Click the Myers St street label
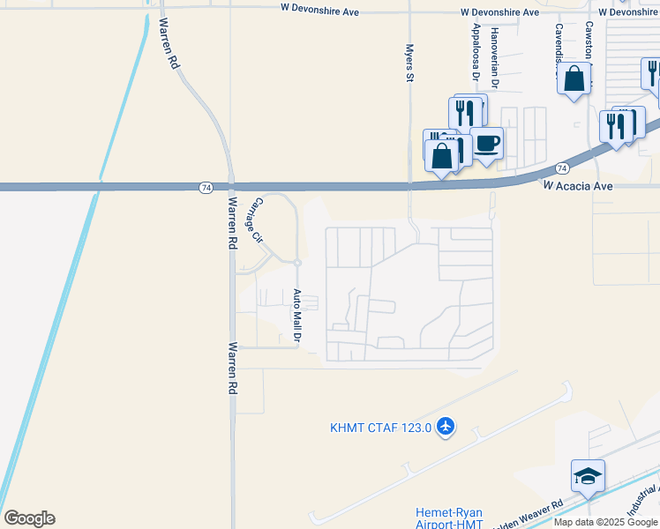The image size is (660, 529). [x=409, y=63]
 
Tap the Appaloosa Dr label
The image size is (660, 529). [x=475, y=53]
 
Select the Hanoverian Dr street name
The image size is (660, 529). [x=495, y=57]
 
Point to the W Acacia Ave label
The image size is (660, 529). [x=577, y=186]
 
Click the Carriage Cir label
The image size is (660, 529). [x=255, y=220]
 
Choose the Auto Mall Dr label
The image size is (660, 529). [x=297, y=316]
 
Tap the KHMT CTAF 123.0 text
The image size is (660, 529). [x=380, y=428]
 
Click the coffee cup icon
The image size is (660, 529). [x=486, y=143]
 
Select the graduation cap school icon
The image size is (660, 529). [x=588, y=476]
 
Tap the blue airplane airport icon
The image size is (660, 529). [x=445, y=427]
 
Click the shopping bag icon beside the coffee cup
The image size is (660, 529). [x=443, y=156]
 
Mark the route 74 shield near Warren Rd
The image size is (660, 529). [x=206, y=187]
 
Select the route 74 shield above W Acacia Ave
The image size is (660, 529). [x=562, y=168]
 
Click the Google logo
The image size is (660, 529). [x=29, y=518]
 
